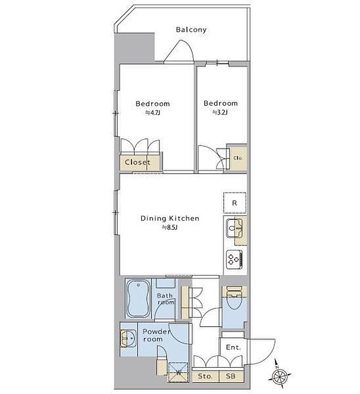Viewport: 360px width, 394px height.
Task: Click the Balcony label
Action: coord(191,30)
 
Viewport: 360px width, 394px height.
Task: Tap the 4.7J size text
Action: coord(153,113)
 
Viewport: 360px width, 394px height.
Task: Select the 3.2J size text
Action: coord(220,112)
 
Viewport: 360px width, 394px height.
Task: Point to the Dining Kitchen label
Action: coord(170,219)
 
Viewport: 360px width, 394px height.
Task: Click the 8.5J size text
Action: coord(170,228)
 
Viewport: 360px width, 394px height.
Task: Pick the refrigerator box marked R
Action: coord(235,203)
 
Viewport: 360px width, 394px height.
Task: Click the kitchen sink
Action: coord(235,228)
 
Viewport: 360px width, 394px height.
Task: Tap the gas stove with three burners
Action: coord(234,259)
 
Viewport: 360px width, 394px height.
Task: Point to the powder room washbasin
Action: coord(129,338)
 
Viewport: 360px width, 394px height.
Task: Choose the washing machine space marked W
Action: coord(178,372)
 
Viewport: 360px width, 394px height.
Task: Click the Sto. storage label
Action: coord(205,376)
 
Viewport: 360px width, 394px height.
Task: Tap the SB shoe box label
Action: coord(230,376)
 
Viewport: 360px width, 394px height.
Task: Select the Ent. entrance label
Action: coord(233,347)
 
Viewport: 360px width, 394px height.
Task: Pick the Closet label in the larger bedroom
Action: coord(137,163)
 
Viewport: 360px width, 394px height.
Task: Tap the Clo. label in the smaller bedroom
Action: coord(238,158)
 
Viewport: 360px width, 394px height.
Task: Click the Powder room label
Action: coord(156,335)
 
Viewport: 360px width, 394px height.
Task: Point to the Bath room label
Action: coord(165,299)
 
